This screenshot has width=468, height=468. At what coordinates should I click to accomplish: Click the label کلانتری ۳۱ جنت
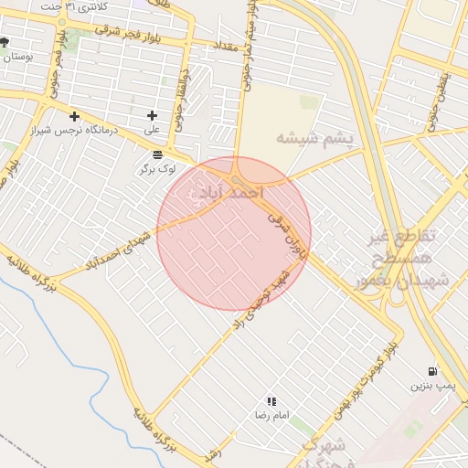point(74,6)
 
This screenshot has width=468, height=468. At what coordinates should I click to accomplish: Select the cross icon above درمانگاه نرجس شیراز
point(75,116)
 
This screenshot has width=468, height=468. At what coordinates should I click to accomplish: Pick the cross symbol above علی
point(152,115)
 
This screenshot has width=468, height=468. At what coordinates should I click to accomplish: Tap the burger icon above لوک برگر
point(158,154)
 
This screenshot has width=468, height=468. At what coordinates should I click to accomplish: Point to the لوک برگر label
point(157,169)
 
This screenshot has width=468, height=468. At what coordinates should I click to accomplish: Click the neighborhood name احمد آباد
point(224,193)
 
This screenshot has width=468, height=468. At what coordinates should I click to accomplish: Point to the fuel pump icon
point(432,371)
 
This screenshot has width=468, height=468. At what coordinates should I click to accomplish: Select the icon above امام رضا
point(271,401)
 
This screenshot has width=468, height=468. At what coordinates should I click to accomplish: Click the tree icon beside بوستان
point(5,42)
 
